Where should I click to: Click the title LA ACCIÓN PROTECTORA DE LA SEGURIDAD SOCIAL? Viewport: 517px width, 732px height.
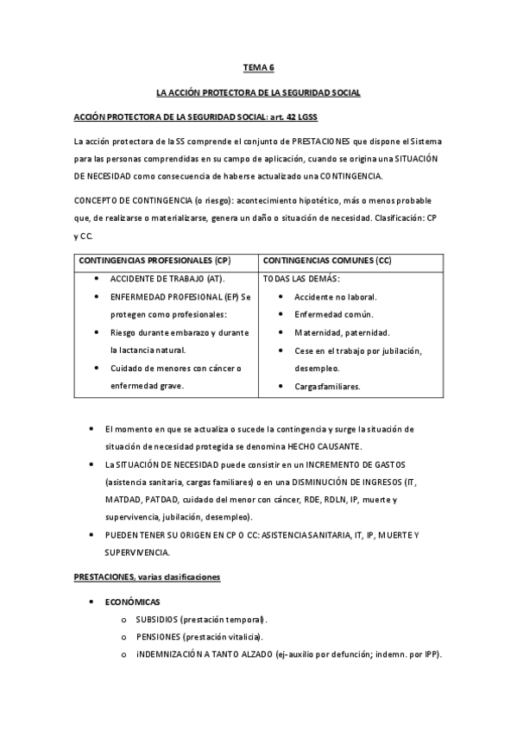point(258,91)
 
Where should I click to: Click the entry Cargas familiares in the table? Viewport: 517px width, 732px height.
point(327,387)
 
